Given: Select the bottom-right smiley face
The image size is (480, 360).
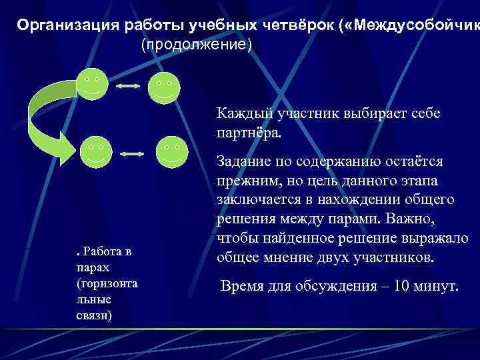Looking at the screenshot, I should click(171, 151).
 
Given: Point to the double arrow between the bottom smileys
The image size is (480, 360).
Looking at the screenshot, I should click(133, 154).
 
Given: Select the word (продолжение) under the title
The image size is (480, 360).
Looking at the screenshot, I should click(196, 45).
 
